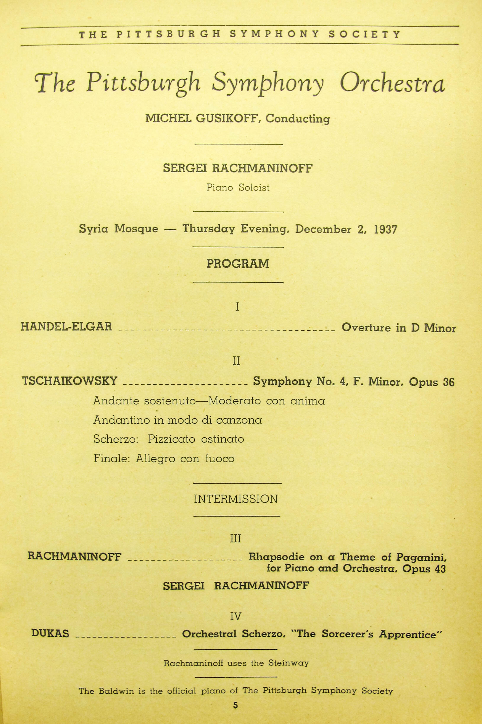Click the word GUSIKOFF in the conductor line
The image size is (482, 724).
point(227,119)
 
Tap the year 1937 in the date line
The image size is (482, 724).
point(385,230)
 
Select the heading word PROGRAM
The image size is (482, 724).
point(238,264)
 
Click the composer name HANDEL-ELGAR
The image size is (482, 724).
point(66,327)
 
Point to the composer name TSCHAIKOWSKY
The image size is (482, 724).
point(70,381)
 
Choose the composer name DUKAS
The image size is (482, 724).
point(50,633)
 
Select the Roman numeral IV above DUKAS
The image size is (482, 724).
point(236,616)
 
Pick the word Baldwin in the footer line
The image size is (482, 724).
point(116,691)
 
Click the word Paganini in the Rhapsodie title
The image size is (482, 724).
point(421,557)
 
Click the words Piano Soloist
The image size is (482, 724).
point(238,188)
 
